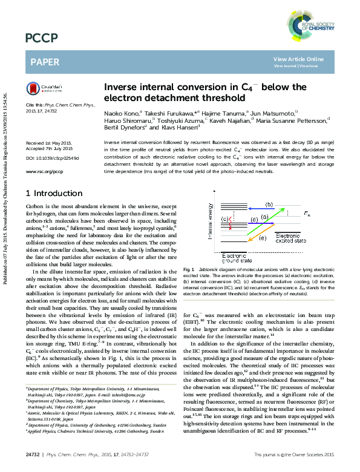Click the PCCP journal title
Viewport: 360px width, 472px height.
pos(41,39)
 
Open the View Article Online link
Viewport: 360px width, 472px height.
pos(298,59)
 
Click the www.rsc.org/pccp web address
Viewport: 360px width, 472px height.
pos(45,172)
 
